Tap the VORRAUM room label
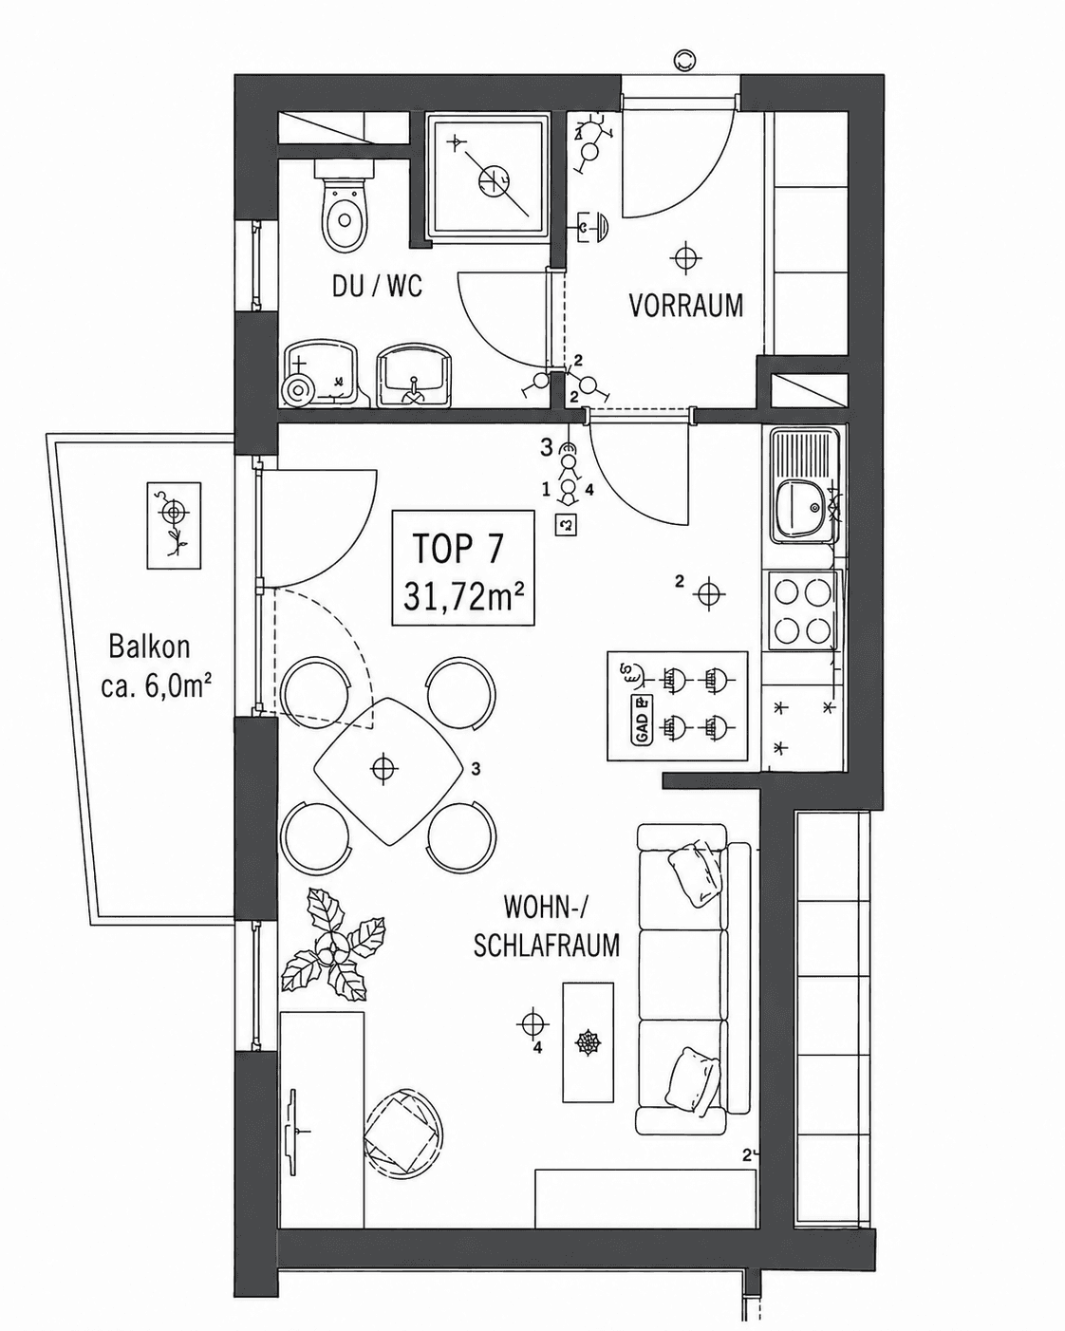click(686, 306)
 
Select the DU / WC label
click(377, 287)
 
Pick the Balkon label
click(150, 647)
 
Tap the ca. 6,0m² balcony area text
click(153, 685)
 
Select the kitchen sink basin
click(801, 508)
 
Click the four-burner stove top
click(802, 610)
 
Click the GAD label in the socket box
click(642, 721)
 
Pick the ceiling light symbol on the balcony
click(174, 512)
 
